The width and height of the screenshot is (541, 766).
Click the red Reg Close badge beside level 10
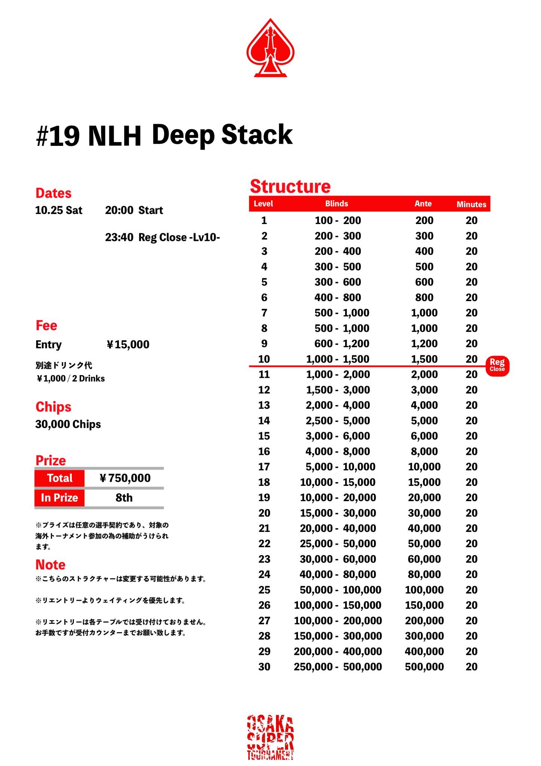click(x=497, y=365)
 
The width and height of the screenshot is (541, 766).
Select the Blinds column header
click(x=336, y=204)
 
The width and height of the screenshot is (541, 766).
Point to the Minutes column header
click(x=471, y=205)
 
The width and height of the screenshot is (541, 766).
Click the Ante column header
click(x=423, y=204)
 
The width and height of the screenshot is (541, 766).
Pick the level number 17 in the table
click(x=264, y=467)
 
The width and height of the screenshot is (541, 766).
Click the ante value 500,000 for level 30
click(x=424, y=667)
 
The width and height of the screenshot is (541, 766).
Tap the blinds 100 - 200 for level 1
click(x=338, y=221)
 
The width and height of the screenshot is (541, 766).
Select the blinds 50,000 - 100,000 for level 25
click(x=340, y=590)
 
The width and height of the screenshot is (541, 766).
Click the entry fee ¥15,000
click(x=128, y=344)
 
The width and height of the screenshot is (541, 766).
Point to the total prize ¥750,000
click(x=125, y=478)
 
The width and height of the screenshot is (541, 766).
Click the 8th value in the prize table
click(x=124, y=498)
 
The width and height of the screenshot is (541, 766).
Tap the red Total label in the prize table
click(x=59, y=478)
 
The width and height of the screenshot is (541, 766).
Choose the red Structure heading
click(x=290, y=186)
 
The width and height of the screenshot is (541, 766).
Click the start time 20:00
click(x=119, y=210)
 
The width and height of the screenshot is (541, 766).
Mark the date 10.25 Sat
click(x=59, y=210)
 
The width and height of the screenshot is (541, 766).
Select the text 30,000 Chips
click(x=68, y=425)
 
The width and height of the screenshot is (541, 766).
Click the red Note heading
click(x=50, y=564)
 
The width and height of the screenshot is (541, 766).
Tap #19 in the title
click(x=58, y=136)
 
